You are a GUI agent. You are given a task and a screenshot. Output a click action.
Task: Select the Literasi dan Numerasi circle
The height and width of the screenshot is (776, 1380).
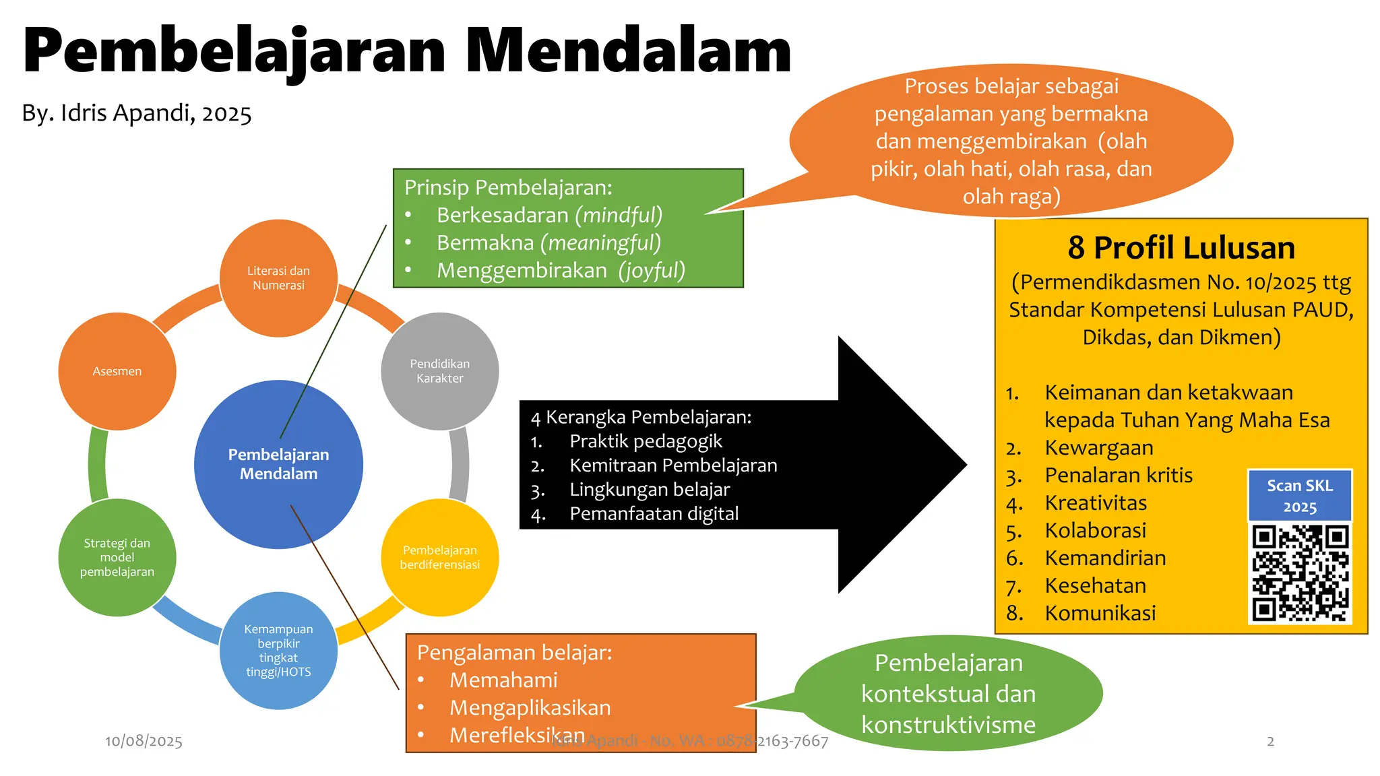pyautogui.click(x=278, y=278)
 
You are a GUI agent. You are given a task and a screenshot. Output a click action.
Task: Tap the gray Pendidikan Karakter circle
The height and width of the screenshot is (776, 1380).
pyautogui.click(x=440, y=371)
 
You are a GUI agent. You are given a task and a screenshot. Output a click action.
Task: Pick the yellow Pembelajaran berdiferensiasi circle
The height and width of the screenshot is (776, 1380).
pyautogui.click(x=440, y=557)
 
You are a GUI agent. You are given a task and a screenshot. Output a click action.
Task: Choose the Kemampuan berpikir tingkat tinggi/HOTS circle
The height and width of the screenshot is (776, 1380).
pyautogui.click(x=278, y=650)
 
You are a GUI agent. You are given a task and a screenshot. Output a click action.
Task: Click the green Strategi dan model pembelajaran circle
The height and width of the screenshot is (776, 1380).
pyautogui.click(x=117, y=557)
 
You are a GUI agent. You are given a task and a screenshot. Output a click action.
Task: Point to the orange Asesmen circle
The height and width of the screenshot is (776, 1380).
pyautogui.click(x=117, y=371)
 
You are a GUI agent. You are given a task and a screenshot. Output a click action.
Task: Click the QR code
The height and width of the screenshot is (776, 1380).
pyautogui.click(x=1300, y=573)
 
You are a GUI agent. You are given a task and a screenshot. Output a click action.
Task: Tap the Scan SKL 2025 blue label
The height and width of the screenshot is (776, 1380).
pyautogui.click(x=1300, y=496)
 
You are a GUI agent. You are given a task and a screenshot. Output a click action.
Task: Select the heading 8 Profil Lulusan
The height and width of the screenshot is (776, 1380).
pyautogui.click(x=1181, y=248)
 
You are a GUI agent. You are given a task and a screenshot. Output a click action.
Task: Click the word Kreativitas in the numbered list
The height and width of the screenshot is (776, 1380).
pyautogui.click(x=1096, y=503)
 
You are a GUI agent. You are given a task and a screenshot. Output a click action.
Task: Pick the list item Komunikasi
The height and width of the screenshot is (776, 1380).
pyautogui.click(x=1100, y=613)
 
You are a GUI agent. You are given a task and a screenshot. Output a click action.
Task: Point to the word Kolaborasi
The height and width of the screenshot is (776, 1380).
pyautogui.click(x=1096, y=531)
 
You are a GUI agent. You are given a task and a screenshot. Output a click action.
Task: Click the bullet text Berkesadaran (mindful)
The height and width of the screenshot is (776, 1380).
pyautogui.click(x=549, y=215)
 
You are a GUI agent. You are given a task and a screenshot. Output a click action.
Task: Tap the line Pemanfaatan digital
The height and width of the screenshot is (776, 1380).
pyautogui.click(x=654, y=514)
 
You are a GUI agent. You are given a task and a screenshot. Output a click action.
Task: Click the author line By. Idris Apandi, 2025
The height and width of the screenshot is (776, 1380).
pyautogui.click(x=137, y=113)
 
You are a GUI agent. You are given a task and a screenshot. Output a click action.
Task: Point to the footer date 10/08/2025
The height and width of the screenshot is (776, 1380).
pyautogui.click(x=144, y=741)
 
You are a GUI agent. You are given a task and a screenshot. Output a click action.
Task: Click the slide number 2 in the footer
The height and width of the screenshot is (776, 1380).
pyautogui.click(x=1270, y=741)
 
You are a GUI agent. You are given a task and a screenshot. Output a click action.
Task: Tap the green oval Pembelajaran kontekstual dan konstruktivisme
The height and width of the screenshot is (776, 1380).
pyautogui.click(x=948, y=693)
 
